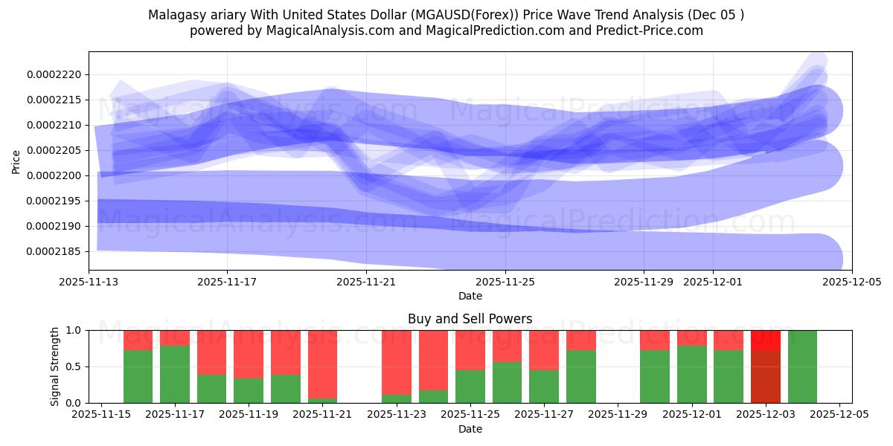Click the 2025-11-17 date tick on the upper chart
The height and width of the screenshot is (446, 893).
228,282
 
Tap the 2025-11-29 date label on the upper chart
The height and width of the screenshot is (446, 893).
644,282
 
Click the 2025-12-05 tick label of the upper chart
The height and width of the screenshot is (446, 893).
851,282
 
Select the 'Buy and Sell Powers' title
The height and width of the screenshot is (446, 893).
470,319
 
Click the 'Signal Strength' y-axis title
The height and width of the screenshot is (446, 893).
55,366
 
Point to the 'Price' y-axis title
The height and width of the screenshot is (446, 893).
16,161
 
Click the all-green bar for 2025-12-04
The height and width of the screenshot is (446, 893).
802,366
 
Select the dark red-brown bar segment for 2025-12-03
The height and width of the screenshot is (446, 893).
765,377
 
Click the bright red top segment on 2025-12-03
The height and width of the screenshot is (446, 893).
765,340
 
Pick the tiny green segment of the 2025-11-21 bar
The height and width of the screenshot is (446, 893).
322,401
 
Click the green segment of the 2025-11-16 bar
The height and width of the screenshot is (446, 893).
138,377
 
